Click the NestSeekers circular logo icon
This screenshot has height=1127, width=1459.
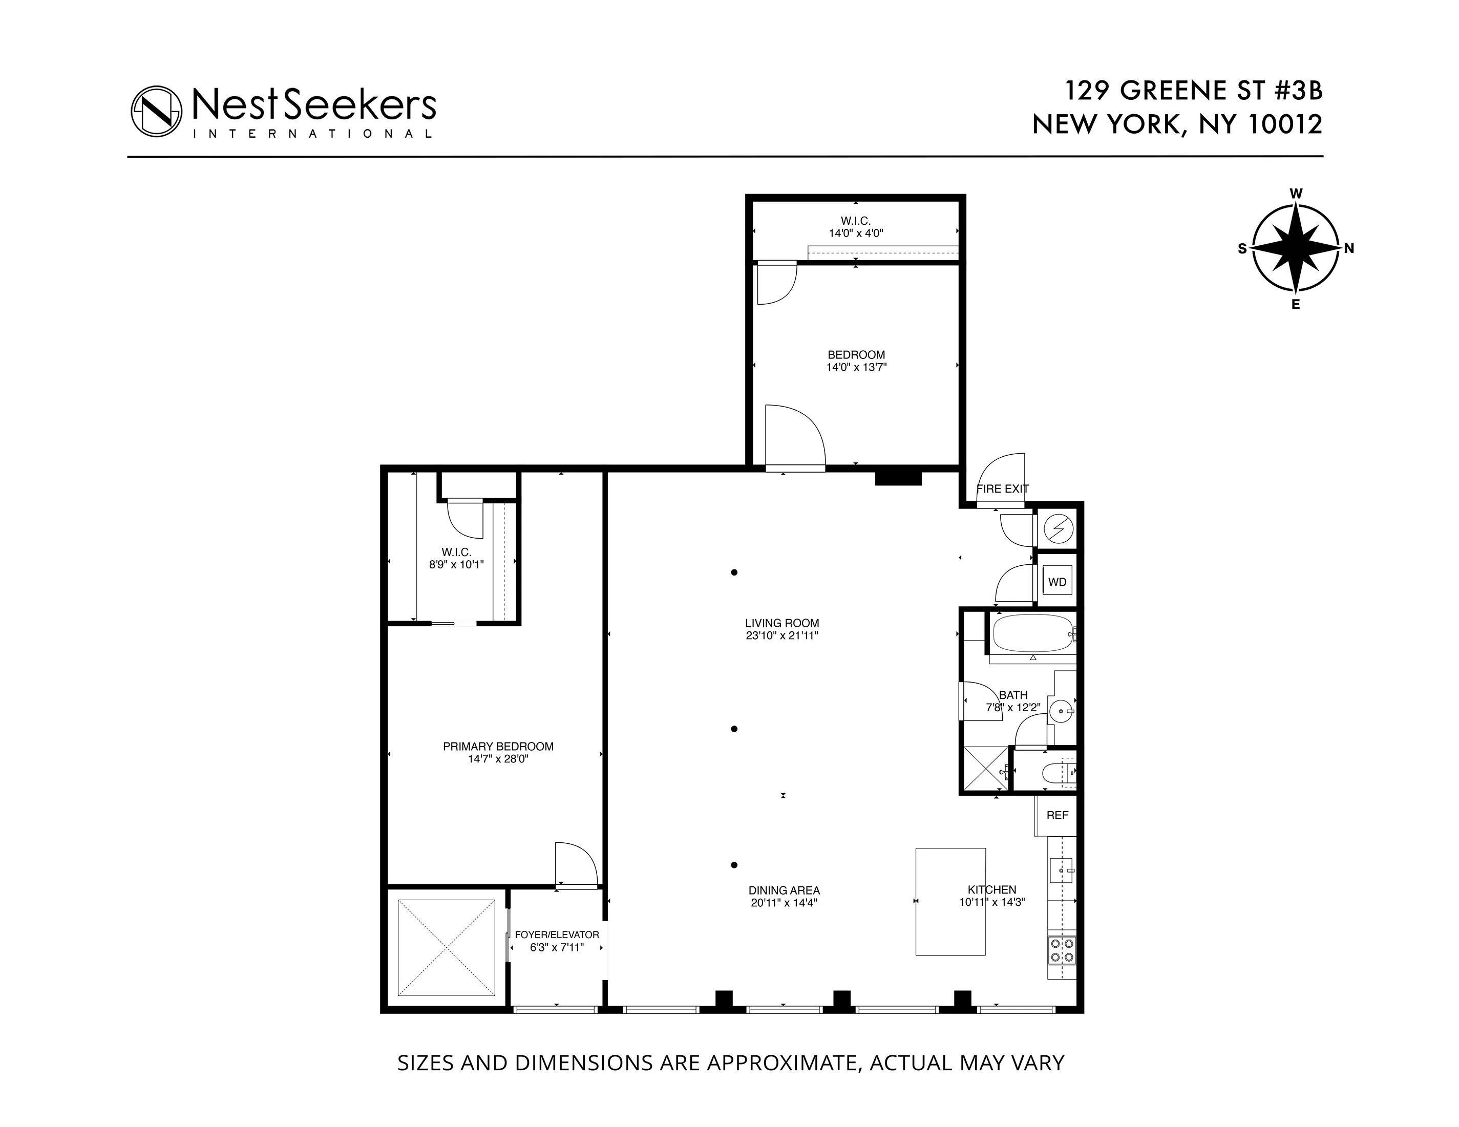coord(156,112)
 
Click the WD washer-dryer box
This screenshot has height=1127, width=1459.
coord(1057,582)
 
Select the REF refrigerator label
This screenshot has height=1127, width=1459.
coord(1057,815)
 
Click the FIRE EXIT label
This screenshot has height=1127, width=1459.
coord(1002,489)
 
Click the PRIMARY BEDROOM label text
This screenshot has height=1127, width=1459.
coord(498,746)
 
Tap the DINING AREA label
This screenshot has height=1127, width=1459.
coord(784,890)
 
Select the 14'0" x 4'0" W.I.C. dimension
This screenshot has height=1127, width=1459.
coord(856,233)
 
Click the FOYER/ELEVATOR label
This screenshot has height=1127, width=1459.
coord(557,934)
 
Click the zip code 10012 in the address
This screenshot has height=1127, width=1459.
coord(1284,125)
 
